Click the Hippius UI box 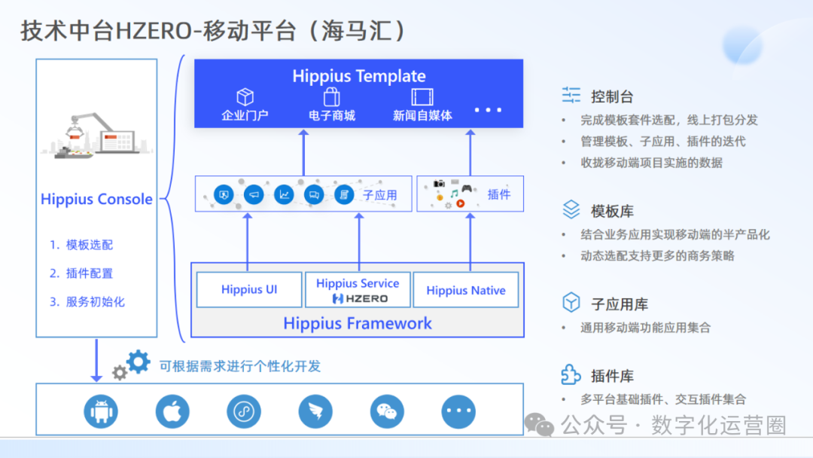[x=249, y=290]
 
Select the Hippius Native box [x=466, y=290]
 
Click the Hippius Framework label [x=358, y=324]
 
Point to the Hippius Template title [x=359, y=76]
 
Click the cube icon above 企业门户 [x=245, y=97]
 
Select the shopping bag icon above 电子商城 [x=332, y=97]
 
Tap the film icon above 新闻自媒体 [x=422, y=97]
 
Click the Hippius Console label [x=96, y=200]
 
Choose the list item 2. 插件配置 [x=81, y=273]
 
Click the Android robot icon [x=101, y=411]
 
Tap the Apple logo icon [x=172, y=411]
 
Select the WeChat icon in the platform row [x=387, y=411]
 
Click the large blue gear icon [x=139, y=362]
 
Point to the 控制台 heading [x=612, y=96]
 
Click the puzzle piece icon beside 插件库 [x=571, y=374]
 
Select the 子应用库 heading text [x=620, y=304]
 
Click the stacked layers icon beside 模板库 [x=571, y=209]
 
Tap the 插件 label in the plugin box [x=499, y=194]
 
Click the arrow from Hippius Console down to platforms [x=96, y=360]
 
